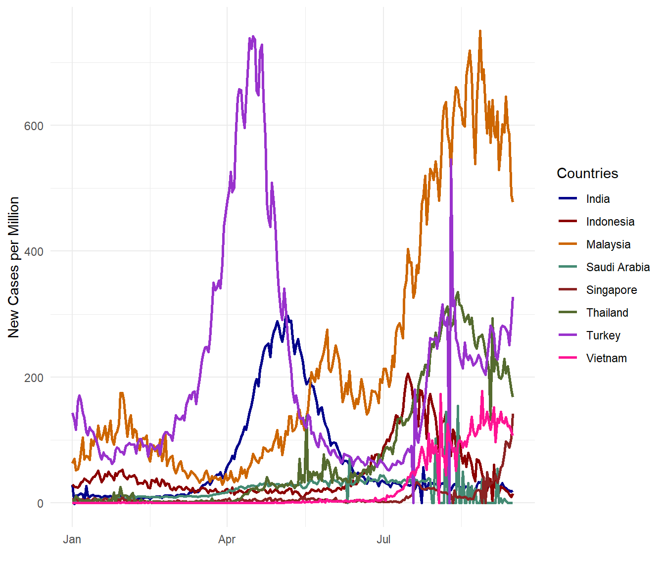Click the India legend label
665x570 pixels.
click(x=598, y=199)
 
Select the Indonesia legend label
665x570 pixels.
click(x=610, y=222)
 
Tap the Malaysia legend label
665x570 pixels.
click(x=608, y=244)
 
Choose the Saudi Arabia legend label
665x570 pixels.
click(x=617, y=267)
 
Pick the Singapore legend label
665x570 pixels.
click(x=611, y=290)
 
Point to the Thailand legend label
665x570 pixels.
click(x=607, y=313)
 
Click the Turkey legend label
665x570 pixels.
click(x=603, y=335)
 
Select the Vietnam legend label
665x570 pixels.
click(x=606, y=358)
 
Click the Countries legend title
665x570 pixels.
click(x=587, y=173)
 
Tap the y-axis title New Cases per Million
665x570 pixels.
click(x=14, y=267)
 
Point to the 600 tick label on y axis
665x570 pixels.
click(x=34, y=126)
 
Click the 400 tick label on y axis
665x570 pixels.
click(x=34, y=251)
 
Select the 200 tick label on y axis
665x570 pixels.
click(x=34, y=378)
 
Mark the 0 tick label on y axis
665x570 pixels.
click(x=40, y=504)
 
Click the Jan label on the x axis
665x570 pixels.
click(x=72, y=539)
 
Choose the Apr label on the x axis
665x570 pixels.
click(x=227, y=539)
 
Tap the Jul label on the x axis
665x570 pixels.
click(x=383, y=539)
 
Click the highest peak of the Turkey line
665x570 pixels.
click(x=253, y=36)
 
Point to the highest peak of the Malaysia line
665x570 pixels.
click(x=480, y=31)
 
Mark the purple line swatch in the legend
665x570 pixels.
click(x=568, y=335)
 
